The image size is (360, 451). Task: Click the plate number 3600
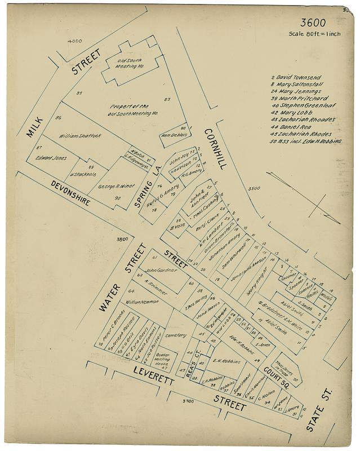313,23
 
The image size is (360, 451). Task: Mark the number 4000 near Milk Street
74,41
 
